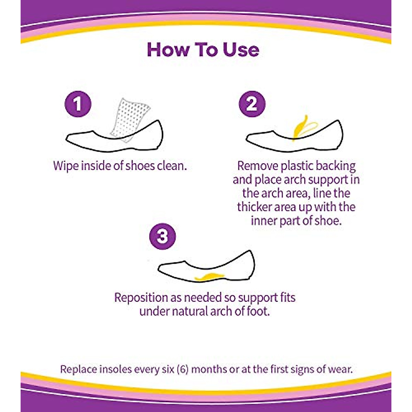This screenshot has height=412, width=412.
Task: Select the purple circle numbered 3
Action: click(x=162, y=236)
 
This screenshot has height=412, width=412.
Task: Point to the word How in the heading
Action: click(x=168, y=50)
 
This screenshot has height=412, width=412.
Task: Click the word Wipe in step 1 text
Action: click(x=66, y=166)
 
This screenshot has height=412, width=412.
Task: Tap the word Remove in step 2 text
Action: click(x=257, y=166)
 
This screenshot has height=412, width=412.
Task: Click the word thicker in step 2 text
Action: click(x=254, y=207)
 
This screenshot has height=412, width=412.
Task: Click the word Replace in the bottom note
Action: click(x=78, y=369)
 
